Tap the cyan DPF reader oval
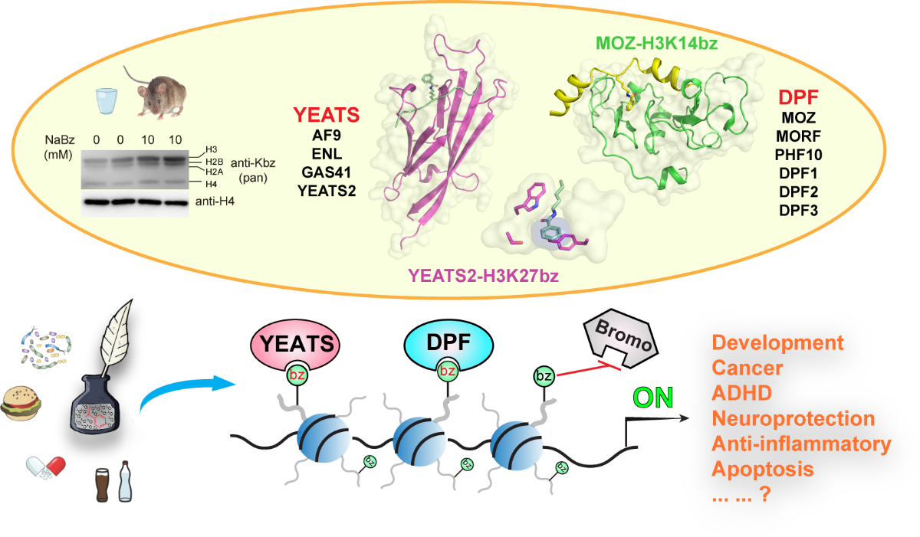[445, 343]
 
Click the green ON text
[652, 397]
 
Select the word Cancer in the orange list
[747, 368]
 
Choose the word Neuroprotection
[793, 418]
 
